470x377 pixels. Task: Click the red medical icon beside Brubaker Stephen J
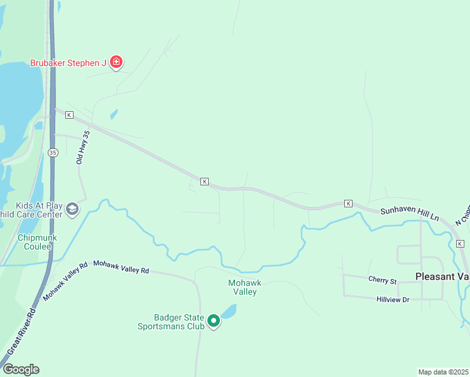point(116,62)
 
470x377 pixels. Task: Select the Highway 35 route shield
point(53,153)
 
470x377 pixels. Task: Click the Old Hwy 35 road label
point(83,148)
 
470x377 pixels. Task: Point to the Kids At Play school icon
point(72,209)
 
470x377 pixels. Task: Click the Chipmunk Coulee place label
point(37,243)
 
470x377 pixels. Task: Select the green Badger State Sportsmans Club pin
point(214,322)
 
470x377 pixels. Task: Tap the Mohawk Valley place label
point(243,287)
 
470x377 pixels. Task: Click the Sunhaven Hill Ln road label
point(410,213)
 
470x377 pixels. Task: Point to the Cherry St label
point(383,281)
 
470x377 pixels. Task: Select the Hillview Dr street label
point(393,300)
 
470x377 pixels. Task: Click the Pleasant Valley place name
point(442,276)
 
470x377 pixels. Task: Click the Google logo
point(21,369)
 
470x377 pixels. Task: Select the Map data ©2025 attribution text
point(444,371)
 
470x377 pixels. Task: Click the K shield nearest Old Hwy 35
point(69,115)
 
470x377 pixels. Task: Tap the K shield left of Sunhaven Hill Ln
point(348,204)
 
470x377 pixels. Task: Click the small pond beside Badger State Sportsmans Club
point(228,311)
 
